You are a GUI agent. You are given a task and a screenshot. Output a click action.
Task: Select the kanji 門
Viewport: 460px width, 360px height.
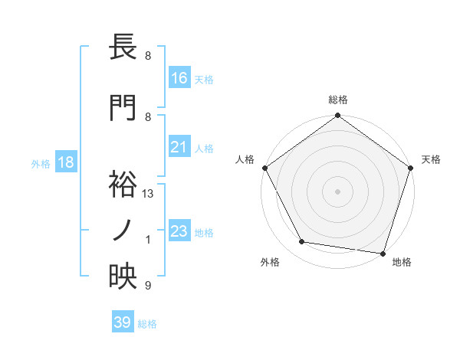tap(123, 109)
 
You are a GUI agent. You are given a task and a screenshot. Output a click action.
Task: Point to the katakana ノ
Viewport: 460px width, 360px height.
tap(123, 231)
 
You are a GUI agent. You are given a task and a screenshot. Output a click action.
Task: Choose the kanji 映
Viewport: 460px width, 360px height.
tap(123, 277)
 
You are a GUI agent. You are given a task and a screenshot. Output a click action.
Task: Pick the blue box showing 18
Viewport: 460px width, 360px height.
tap(65, 163)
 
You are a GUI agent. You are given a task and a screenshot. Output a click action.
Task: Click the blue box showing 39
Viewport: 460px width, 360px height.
tap(123, 322)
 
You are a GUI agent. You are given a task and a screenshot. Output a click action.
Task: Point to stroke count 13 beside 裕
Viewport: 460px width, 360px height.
tap(148, 194)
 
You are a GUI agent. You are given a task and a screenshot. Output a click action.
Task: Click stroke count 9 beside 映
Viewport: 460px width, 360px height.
tap(148, 286)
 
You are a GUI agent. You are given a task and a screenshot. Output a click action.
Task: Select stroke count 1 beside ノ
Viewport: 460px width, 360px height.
tap(148, 240)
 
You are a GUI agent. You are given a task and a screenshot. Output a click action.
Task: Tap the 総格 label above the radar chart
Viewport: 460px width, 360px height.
tap(337, 100)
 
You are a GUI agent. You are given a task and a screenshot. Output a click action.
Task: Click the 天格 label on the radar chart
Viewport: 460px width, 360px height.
tap(431, 159)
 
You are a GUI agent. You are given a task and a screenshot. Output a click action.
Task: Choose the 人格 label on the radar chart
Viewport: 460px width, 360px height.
tap(245, 159)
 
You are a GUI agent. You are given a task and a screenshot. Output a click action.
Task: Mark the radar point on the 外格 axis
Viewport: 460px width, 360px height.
tap(302, 243)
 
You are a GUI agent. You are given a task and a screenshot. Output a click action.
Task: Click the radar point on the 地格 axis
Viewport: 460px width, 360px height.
tap(383, 253)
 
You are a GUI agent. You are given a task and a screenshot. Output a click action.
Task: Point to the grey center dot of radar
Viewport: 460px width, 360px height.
tap(337, 191)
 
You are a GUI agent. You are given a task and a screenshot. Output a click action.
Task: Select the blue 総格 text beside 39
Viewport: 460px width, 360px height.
tap(148, 324)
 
